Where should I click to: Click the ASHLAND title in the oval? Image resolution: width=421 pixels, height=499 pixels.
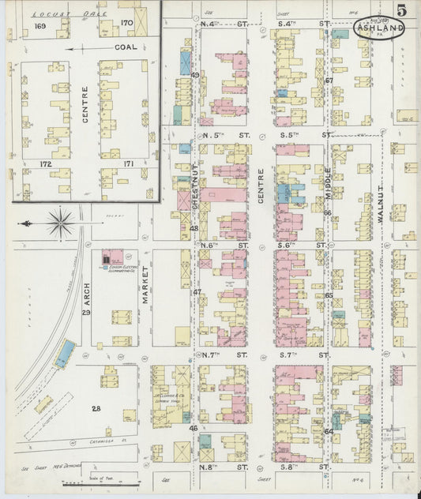[380, 30]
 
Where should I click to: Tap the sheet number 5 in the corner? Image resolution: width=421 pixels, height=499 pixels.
[403, 10]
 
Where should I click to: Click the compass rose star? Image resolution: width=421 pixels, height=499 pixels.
[60, 223]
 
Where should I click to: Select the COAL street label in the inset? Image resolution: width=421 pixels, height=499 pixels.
[126, 47]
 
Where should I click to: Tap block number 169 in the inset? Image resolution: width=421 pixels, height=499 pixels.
[41, 26]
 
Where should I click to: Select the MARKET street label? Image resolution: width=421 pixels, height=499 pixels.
[145, 283]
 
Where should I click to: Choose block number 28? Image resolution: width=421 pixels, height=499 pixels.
[96, 408]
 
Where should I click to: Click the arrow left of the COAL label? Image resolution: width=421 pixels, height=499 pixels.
[80, 48]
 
